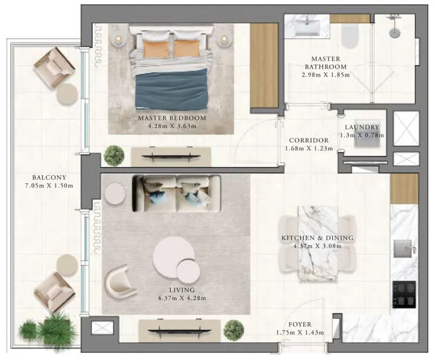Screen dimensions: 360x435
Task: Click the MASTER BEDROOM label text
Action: (172, 118)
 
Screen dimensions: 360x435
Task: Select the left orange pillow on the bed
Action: (153, 49)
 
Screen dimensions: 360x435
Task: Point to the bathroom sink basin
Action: (311, 24)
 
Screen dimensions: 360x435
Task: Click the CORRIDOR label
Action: (309, 140)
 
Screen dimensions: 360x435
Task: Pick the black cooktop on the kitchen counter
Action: (404, 293)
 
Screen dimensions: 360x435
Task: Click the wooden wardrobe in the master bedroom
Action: (264, 65)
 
